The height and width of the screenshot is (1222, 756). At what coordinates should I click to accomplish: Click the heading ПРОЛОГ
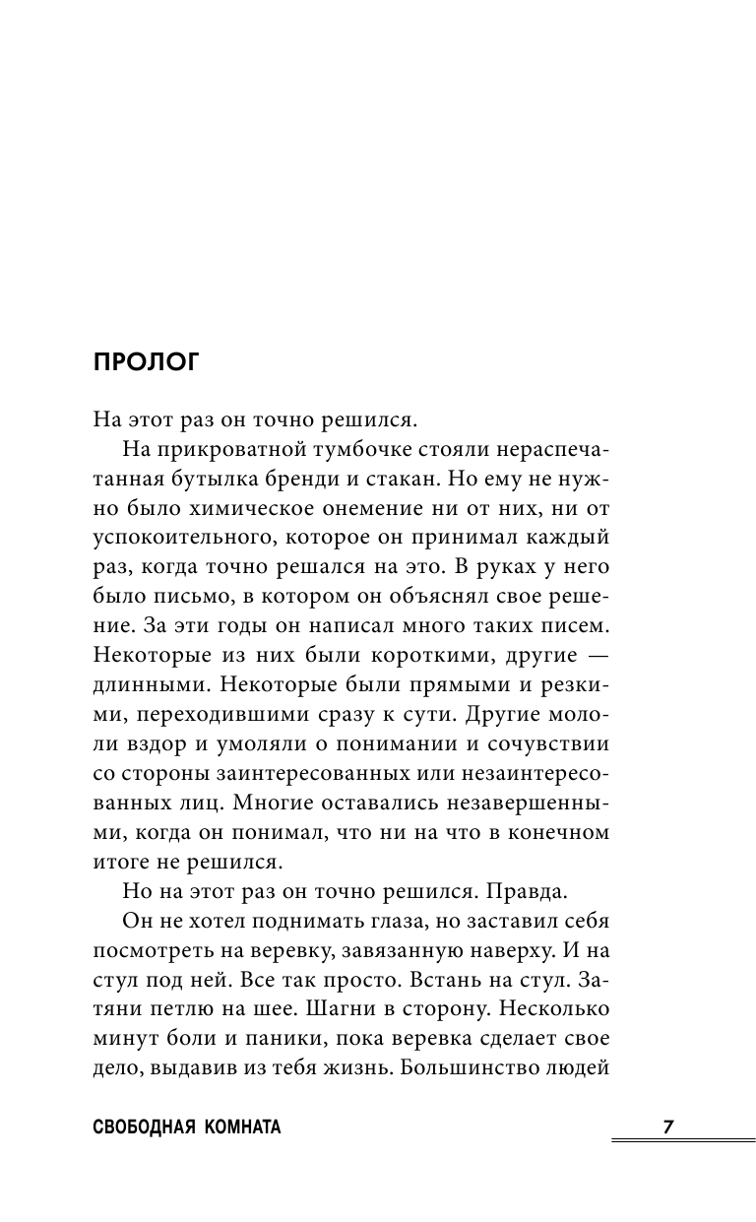(x=146, y=361)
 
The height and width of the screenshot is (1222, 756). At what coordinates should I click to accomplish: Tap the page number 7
(x=668, y=1127)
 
